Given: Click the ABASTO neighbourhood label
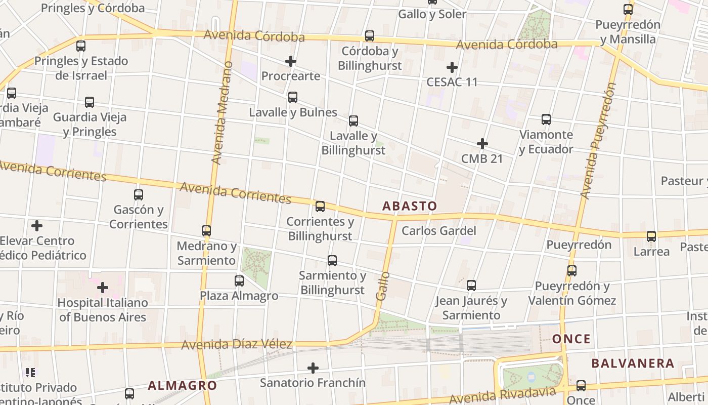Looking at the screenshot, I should point(410,206).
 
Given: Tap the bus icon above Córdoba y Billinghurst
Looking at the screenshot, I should point(370,36).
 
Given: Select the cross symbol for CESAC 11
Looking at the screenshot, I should point(452,67).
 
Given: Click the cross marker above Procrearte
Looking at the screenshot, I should point(291,62).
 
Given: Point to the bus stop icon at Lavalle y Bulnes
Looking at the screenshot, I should point(293,97).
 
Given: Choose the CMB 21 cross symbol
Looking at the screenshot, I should point(482,144).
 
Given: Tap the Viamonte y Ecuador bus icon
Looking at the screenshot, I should point(546,119).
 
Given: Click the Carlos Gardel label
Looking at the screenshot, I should point(439,231).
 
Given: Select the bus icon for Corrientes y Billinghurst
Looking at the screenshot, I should point(320,207).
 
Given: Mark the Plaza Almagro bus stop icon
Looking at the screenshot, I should point(239,280).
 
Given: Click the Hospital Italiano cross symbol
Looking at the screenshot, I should point(103,288).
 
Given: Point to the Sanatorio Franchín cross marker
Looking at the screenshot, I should point(313,368).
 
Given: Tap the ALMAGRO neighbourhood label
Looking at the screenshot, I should point(183,386).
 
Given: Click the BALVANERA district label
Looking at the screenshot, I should point(633,363).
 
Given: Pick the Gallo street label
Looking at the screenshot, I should point(383,286).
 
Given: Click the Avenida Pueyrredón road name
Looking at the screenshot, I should point(598,141).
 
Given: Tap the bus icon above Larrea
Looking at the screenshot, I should point(651,236).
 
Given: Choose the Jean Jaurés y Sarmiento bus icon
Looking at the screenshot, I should point(471,286).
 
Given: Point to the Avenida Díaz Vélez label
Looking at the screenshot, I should point(237,345).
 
